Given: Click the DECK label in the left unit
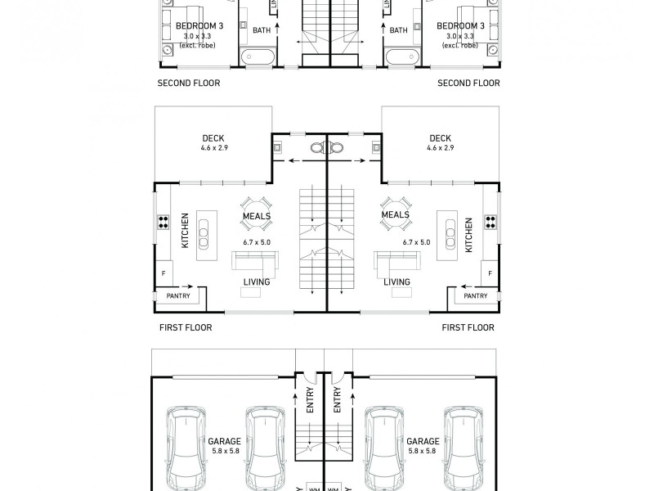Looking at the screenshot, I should (x=213, y=138).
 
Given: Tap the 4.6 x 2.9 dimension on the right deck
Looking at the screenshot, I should (x=440, y=148).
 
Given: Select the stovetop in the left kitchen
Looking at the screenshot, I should (x=163, y=222).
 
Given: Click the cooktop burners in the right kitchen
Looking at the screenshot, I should (x=491, y=222).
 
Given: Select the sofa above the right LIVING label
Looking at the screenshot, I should (x=396, y=261).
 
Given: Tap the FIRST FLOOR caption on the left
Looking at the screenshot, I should (x=186, y=327).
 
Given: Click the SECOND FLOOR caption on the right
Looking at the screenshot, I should (x=468, y=83).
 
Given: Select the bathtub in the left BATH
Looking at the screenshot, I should (x=258, y=57).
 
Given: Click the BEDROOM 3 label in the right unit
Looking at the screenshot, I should (x=465, y=26).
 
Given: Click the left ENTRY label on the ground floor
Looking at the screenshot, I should (x=310, y=401).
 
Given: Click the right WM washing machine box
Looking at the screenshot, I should (x=334, y=487).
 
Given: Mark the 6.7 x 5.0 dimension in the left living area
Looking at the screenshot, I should (x=256, y=242).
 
